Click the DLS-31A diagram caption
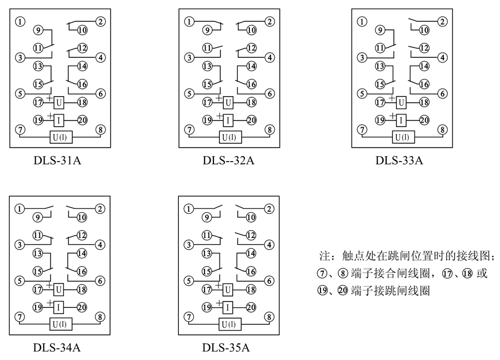coord(58,162)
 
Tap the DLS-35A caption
coord(226,348)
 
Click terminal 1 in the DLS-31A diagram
coord(20,22)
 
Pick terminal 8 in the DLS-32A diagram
coord(269,130)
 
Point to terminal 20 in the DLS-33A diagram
coord(424,119)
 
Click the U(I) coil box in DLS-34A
coord(58,324)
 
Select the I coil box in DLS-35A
coord(228,307)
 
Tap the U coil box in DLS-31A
coord(59,102)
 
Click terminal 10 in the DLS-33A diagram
coord(424,29)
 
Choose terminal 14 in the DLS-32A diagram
coord(251,66)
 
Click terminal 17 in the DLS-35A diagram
coord(207,289)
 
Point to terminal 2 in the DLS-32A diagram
coord(269,22)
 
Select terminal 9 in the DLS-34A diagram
coord(38,216)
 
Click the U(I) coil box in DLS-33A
coord(402,137)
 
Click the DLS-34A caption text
coord(57,348)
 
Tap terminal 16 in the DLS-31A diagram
coord(82,84)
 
